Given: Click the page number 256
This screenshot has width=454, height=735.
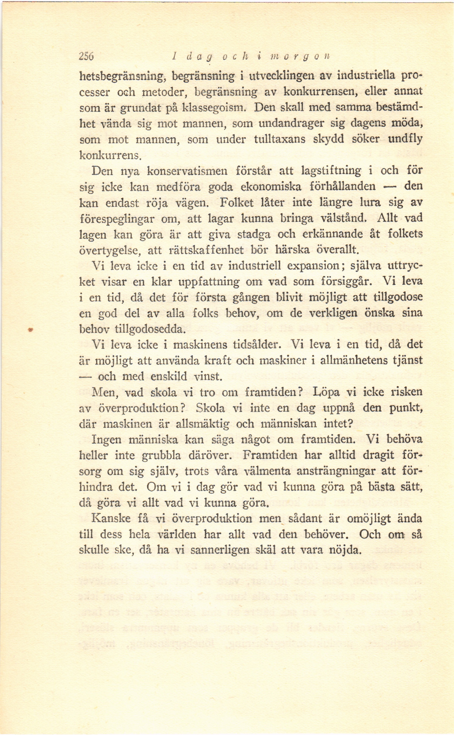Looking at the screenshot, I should click(87, 56).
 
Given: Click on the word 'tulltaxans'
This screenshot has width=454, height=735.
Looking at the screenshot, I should click(279, 140).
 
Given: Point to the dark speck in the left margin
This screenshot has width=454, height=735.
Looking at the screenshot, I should click(30, 329).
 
